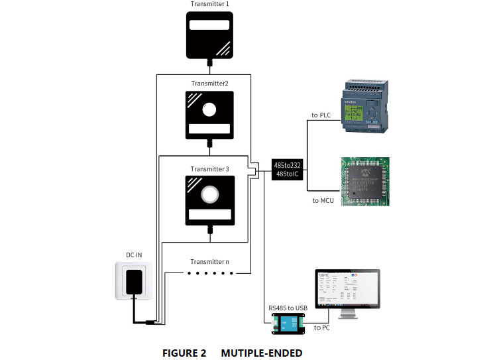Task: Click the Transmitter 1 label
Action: [209, 5]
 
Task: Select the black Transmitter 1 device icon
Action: [209, 36]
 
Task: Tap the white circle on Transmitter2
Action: [209, 109]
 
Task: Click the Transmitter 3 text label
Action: [209, 169]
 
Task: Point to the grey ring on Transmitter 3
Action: [209, 194]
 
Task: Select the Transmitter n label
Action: [209, 262]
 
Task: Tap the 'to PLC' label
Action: [321, 115]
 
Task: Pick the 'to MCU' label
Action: [323, 200]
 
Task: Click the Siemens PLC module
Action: [364, 105]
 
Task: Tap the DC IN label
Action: [135, 255]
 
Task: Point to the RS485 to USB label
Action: [288, 308]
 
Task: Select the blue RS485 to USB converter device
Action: [288, 323]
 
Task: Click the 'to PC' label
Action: [322, 328]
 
